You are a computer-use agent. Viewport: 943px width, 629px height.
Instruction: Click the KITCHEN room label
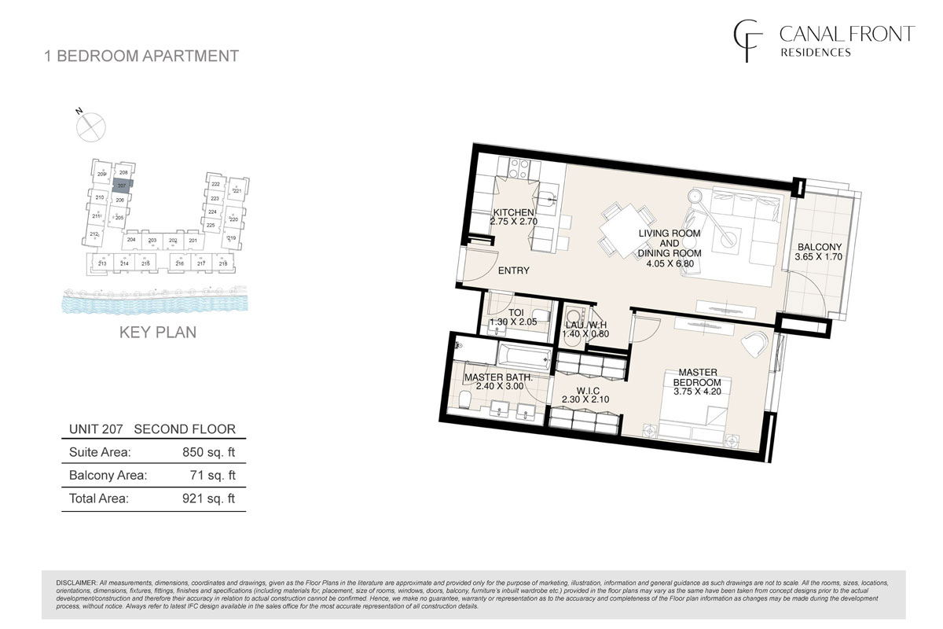click(x=514, y=212)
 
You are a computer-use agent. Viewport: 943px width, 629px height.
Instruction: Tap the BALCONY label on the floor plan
click(x=815, y=245)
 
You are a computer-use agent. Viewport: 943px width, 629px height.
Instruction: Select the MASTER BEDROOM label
click(x=696, y=377)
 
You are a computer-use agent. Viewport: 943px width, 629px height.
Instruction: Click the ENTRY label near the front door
click(x=513, y=271)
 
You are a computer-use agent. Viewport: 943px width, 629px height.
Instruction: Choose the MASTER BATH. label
click(x=498, y=377)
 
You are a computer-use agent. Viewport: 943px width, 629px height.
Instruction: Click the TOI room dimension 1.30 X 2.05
click(x=512, y=322)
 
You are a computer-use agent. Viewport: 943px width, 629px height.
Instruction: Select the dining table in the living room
click(x=626, y=230)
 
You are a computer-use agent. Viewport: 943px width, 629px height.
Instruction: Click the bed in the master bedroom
click(x=692, y=423)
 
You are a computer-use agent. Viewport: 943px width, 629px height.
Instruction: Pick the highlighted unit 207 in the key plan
click(x=122, y=186)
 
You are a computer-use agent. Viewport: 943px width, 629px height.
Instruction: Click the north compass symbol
click(x=92, y=125)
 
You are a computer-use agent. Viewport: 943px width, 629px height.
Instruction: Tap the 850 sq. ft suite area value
click(x=208, y=452)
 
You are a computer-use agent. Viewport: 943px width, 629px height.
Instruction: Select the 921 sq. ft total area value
click(x=208, y=498)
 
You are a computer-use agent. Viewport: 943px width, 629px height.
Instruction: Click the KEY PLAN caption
click(x=157, y=332)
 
